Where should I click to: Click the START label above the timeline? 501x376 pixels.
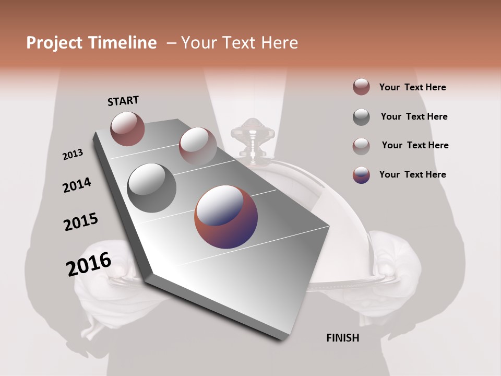point(123,101)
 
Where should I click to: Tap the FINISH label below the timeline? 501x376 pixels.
point(342,338)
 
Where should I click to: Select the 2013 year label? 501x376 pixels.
point(73,155)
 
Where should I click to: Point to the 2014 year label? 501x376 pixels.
point(77,185)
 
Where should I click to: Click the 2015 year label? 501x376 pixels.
point(81,222)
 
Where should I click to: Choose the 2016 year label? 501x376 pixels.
point(89,264)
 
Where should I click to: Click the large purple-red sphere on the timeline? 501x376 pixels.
point(226,217)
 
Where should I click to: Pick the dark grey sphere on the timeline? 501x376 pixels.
point(151,187)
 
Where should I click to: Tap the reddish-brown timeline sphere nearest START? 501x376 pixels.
point(127,128)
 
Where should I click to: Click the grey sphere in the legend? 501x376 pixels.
point(361,117)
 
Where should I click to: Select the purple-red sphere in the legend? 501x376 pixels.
point(361,175)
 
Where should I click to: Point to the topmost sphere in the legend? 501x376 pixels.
point(361,87)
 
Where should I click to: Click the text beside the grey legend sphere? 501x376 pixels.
point(414,116)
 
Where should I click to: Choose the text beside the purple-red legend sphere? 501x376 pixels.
point(412,174)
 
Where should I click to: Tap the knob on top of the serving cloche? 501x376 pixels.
point(252,131)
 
